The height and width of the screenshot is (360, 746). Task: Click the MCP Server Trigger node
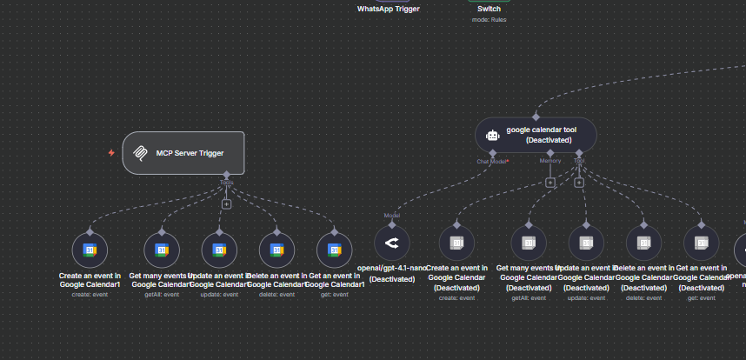[183, 153]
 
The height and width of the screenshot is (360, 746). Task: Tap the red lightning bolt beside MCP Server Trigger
[111, 153]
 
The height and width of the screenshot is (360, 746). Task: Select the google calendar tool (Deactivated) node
[536, 135]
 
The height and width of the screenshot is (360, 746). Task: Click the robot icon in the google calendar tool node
[493, 135]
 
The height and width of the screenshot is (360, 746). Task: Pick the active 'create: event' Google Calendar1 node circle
[90, 250]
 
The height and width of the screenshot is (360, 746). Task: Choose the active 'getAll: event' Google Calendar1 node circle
[162, 250]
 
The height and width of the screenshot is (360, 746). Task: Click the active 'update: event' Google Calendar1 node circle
[219, 250]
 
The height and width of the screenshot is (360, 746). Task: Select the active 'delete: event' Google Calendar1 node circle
[276, 250]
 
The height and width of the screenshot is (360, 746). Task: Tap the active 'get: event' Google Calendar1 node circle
[334, 250]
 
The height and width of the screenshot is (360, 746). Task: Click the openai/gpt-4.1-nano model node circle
[391, 243]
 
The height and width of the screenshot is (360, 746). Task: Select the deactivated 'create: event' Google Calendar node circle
[457, 243]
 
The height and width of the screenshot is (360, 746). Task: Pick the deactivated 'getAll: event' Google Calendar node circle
[529, 243]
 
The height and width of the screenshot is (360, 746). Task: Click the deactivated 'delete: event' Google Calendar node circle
[644, 243]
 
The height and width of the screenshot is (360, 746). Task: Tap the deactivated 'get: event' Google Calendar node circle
[702, 243]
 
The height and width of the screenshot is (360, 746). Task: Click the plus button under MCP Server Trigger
[226, 203]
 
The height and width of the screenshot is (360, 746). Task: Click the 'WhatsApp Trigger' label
[389, 9]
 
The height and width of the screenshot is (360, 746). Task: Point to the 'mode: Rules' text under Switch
[490, 19]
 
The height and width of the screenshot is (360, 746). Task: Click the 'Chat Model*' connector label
[492, 161]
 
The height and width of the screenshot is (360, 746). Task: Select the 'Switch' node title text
[490, 9]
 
